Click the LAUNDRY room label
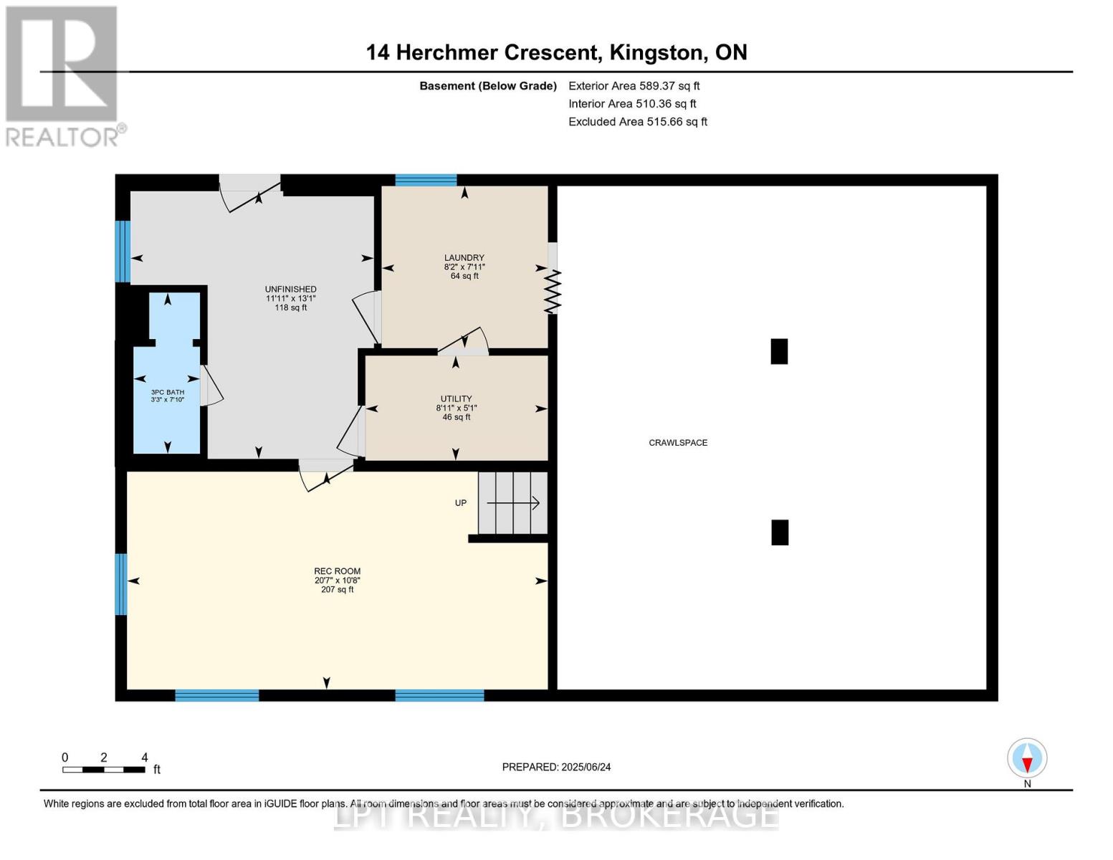464,258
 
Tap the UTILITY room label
456,399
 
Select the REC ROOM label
338,572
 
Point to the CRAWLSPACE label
678,443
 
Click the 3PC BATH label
167,393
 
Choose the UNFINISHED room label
290,290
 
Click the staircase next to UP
513,503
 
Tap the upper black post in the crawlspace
779,352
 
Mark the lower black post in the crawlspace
780,532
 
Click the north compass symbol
1027,758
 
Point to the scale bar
104,770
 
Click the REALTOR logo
63,76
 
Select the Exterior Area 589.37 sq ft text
634,86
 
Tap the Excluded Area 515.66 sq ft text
637,122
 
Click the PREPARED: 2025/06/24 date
556,767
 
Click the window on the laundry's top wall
426,180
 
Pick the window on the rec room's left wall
121,584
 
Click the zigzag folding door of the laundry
553,291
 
